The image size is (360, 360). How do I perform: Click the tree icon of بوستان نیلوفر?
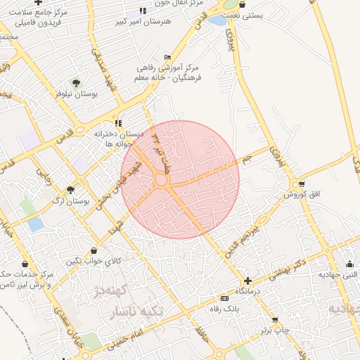[x=76, y=83]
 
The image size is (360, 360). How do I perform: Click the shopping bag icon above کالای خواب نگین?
[x=95, y=250]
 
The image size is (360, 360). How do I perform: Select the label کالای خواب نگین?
[x=94, y=261]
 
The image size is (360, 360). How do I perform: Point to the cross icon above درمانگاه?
[x=247, y=280]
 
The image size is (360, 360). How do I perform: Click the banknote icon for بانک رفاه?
[x=224, y=298]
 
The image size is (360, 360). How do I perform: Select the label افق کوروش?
[x=302, y=195]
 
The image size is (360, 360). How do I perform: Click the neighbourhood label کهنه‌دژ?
[x=114, y=290]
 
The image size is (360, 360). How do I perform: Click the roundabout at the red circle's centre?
[x=161, y=181]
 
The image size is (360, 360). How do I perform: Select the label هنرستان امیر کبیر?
[x=147, y=22]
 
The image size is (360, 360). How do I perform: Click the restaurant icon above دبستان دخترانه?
[x=119, y=123]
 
